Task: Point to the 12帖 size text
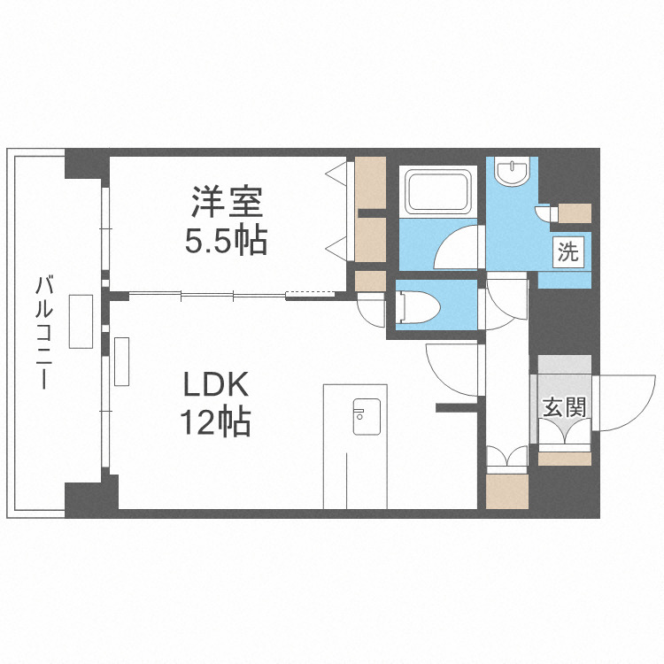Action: [x=217, y=422]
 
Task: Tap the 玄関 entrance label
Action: [x=564, y=407]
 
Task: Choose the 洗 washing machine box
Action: [x=567, y=251]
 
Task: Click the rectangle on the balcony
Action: [x=81, y=322]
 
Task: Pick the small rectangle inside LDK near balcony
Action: [x=122, y=361]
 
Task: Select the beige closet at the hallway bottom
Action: [x=507, y=491]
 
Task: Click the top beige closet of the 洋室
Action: [x=370, y=184]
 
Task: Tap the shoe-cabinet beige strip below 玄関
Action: [x=565, y=459]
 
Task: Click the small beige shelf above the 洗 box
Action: [x=575, y=213]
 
